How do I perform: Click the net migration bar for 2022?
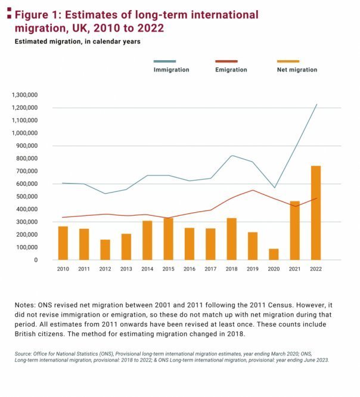(316, 213)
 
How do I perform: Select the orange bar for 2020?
(274, 254)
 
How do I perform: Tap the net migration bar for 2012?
(105, 250)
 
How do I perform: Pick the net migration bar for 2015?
(168, 239)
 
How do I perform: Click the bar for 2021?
(294, 231)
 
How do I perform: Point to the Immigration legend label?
(172, 70)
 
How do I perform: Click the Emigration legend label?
(231, 70)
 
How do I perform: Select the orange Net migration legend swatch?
(288, 61)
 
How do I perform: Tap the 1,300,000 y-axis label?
(24, 95)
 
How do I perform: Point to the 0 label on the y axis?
(36, 260)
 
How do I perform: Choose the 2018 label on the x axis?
(231, 269)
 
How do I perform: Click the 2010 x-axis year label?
(63, 269)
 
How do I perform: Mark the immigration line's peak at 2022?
(316, 104)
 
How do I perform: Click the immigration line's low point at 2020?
(274, 188)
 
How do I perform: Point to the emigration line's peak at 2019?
(253, 190)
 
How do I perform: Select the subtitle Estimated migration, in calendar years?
(77, 42)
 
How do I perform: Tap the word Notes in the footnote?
(25, 305)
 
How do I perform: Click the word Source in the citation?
(23, 353)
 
